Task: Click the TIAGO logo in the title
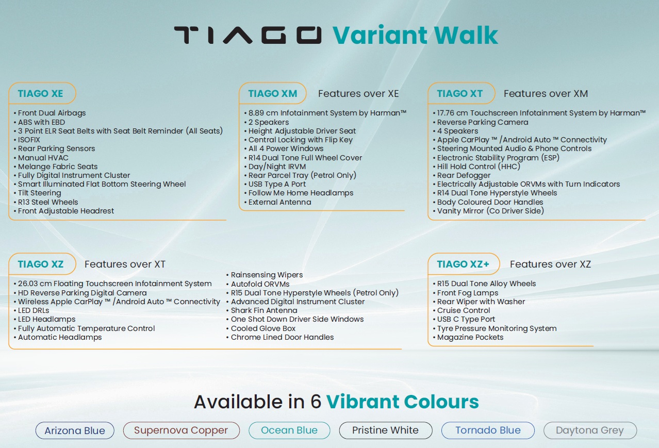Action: click(x=248, y=35)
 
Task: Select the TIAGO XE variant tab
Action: click(x=42, y=93)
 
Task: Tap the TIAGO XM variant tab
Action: click(x=273, y=93)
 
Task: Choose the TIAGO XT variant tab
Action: click(x=461, y=93)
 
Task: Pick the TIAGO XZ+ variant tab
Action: click(x=464, y=264)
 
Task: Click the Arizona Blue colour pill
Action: click(x=75, y=430)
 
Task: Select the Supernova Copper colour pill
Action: click(x=181, y=430)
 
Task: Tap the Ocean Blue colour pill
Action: click(x=289, y=430)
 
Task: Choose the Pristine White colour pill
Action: click(x=385, y=430)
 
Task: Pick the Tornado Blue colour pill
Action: click(x=488, y=430)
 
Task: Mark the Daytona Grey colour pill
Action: click(x=590, y=430)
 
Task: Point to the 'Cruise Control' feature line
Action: click(x=462, y=310)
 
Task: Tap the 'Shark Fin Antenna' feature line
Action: click(x=262, y=310)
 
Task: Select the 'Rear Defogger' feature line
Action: click(x=462, y=175)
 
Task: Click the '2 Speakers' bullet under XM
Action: click(x=267, y=122)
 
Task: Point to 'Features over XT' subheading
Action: click(x=125, y=264)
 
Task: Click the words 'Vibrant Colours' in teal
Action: click(x=402, y=402)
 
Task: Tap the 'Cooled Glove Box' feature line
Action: click(x=261, y=328)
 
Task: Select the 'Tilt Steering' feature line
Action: click(x=37, y=193)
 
